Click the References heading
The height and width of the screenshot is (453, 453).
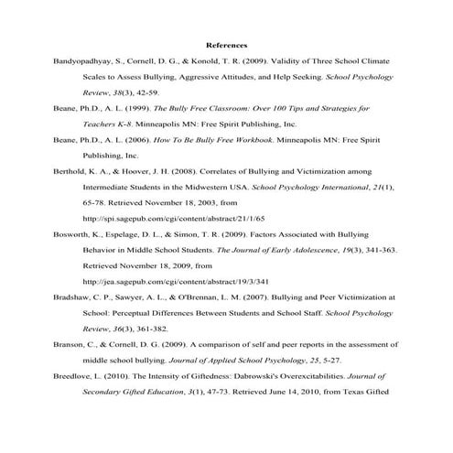click(x=226, y=44)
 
